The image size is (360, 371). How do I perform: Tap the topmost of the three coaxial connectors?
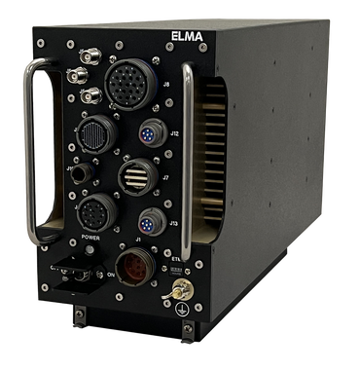pos(76,50)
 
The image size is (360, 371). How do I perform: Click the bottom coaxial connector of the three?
pos(90,96)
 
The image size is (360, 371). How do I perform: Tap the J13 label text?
pos(173,223)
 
